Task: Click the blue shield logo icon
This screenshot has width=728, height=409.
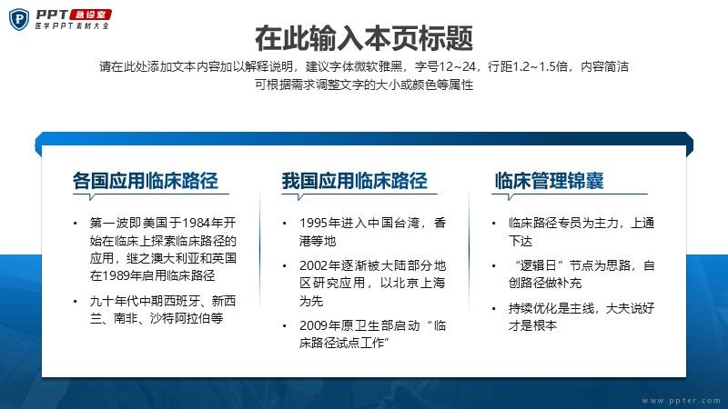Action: point(19,19)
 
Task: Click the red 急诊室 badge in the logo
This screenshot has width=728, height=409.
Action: point(90,15)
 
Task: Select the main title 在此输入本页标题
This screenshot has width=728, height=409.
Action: point(364,38)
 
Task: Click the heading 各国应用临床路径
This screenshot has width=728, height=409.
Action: point(146,180)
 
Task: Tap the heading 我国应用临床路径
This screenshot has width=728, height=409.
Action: point(354,180)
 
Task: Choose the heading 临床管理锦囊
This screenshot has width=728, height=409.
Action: point(550,180)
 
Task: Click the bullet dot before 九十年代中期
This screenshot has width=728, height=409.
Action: point(76,302)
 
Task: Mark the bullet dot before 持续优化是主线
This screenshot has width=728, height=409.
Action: point(493,309)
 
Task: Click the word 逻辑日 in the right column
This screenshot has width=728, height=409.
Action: point(538,265)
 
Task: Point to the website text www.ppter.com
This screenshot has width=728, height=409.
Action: point(681,401)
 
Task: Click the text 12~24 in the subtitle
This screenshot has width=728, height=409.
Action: point(457,66)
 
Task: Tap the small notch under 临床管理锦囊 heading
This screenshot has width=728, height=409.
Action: point(511,197)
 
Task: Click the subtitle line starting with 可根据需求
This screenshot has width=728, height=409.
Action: point(364,85)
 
